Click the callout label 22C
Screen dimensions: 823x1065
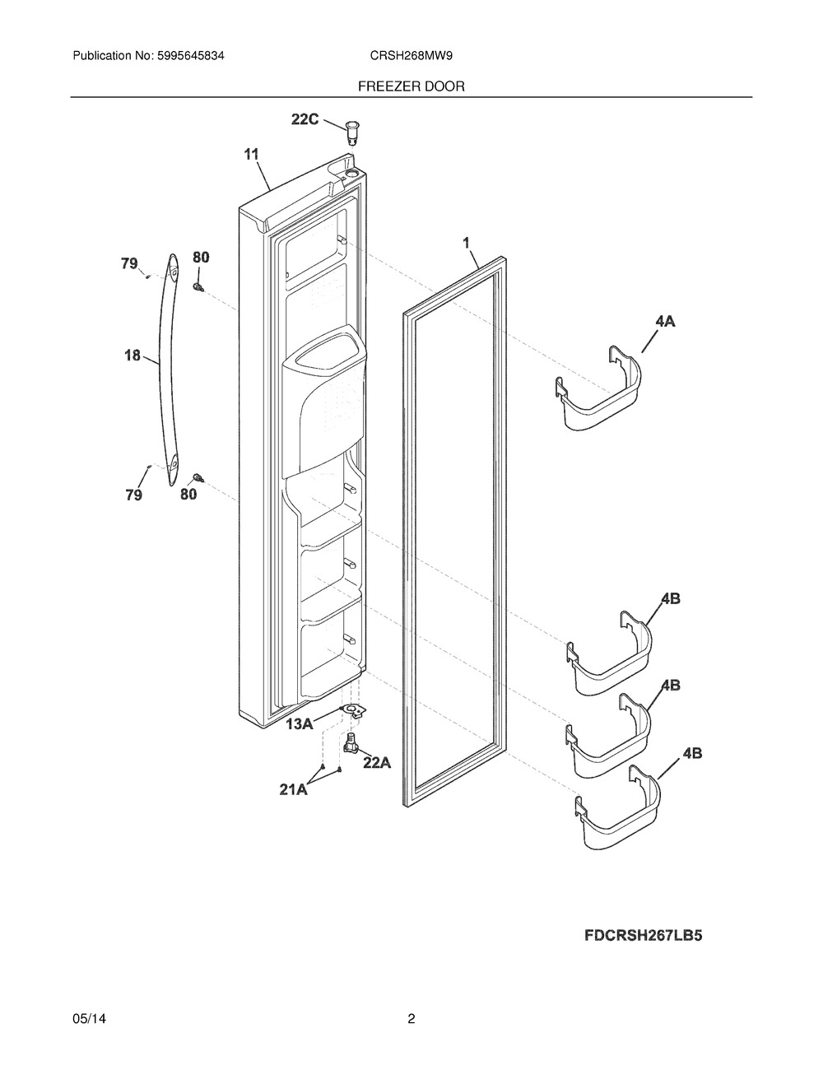coord(305,119)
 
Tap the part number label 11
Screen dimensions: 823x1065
coord(251,155)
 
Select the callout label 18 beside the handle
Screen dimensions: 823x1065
coord(133,355)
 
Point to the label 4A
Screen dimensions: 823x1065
coord(665,322)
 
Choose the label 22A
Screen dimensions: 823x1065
coord(377,763)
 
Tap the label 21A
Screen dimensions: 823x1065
coord(294,789)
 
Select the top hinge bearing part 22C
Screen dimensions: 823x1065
coord(351,133)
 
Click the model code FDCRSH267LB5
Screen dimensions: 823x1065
coord(644,935)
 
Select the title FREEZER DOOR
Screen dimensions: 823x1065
coord(411,86)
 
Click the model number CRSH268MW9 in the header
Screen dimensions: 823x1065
coord(411,56)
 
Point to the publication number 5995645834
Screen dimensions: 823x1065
coord(191,56)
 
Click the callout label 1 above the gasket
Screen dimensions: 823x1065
coord(466,242)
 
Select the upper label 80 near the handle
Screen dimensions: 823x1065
coord(201,256)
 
